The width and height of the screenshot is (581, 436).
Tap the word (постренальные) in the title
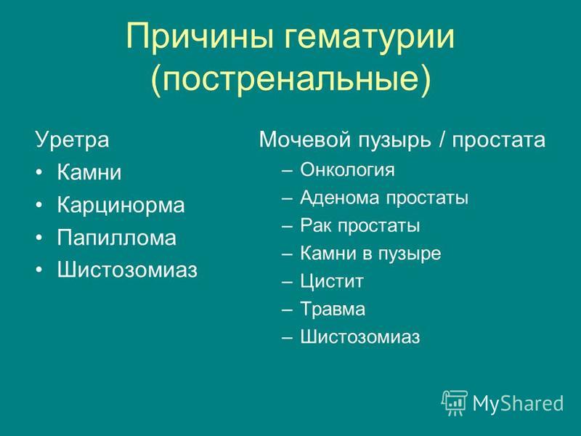291,79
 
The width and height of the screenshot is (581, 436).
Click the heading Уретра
72,140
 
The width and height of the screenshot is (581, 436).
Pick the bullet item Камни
89,172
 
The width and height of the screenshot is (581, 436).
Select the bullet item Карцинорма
121,205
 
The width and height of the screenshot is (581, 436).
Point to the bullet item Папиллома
117,238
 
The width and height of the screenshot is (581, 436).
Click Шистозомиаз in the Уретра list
127,270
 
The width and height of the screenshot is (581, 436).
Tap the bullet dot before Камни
39,173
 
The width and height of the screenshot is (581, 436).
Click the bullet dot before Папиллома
39,238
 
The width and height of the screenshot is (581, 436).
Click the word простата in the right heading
498,140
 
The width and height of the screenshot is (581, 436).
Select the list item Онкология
347,170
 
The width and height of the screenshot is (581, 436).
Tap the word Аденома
339,197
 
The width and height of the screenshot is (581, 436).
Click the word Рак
316,225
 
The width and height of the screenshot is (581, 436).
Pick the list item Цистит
332,281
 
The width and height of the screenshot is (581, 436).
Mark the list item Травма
333,310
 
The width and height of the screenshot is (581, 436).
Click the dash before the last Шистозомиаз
287,338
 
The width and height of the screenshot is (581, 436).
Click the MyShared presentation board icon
455,403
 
